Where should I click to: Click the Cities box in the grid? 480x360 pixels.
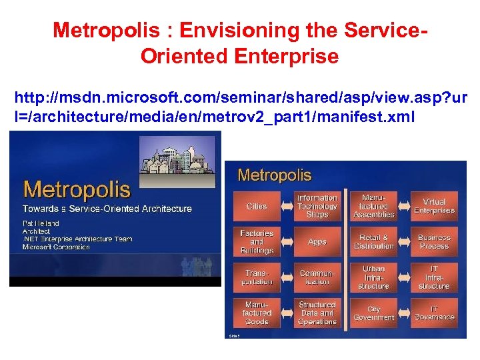point(257,206)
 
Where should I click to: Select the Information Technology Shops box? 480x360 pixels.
point(317,206)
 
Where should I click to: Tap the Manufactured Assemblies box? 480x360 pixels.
point(374,206)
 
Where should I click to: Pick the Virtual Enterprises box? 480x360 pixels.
point(434,206)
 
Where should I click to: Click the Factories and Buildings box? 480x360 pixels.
point(257,241)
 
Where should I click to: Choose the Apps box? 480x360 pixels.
point(317,241)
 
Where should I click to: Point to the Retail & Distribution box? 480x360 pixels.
point(374,241)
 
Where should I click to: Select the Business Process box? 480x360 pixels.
point(434,241)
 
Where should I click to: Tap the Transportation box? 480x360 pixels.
point(257,277)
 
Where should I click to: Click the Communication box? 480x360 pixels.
point(317,277)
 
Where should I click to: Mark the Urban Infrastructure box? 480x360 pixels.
point(374,277)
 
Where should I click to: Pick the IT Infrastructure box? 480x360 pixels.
point(434,277)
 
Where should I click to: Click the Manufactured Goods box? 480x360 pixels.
point(257,313)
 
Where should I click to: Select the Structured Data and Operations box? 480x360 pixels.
point(317,313)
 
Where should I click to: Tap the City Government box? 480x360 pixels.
point(374,313)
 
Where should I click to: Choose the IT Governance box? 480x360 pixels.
point(434,313)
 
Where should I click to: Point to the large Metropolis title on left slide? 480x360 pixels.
point(77,189)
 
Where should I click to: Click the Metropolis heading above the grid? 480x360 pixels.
point(274,175)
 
